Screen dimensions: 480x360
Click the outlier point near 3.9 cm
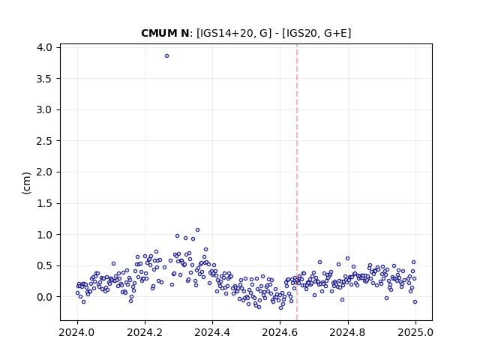tap(166, 56)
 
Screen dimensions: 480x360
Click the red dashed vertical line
tap(297, 182)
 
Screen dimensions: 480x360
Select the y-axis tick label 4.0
tap(44, 47)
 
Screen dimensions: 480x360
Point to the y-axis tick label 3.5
tap(44, 79)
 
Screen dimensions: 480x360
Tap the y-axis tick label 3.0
tap(44, 110)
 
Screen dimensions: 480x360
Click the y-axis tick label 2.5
tap(44, 141)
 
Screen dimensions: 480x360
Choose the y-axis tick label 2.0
tap(44, 172)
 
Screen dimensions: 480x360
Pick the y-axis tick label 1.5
tap(44, 203)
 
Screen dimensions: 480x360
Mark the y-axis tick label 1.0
tap(44, 235)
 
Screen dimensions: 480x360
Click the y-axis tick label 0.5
tap(44, 266)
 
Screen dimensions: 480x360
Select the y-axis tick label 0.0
tap(44, 297)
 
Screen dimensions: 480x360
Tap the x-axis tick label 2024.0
tap(77, 332)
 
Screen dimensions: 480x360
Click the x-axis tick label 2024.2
tap(145, 332)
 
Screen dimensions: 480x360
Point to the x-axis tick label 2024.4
tap(212, 332)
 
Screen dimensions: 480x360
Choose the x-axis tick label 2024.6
tap(280, 332)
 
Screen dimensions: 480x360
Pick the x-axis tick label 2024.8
tap(347, 332)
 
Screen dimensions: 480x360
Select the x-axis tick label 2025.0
tap(415, 332)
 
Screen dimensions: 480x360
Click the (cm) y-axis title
tap(27, 183)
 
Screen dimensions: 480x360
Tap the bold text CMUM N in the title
tap(165, 33)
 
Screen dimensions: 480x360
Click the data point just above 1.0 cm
tap(197, 230)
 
